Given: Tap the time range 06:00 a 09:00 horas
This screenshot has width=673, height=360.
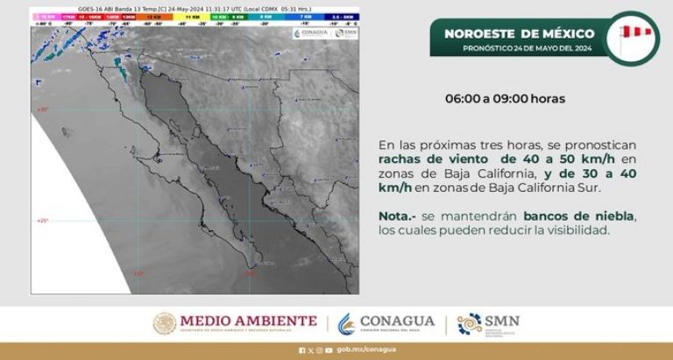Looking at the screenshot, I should pyautogui.click(x=504, y=99).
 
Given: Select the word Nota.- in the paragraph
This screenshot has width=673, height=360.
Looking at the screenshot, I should pyautogui.click(x=396, y=215).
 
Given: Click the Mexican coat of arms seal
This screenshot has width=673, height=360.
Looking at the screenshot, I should pyautogui.click(x=166, y=323).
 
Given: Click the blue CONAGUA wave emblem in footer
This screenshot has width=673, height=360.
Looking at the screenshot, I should pyautogui.click(x=348, y=323).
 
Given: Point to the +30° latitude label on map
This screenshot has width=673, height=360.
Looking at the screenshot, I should pyautogui.click(x=41, y=109).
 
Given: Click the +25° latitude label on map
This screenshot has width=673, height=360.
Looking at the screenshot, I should pyautogui.click(x=41, y=221).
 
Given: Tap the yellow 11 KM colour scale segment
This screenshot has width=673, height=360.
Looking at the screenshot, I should pyautogui.click(x=187, y=17).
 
